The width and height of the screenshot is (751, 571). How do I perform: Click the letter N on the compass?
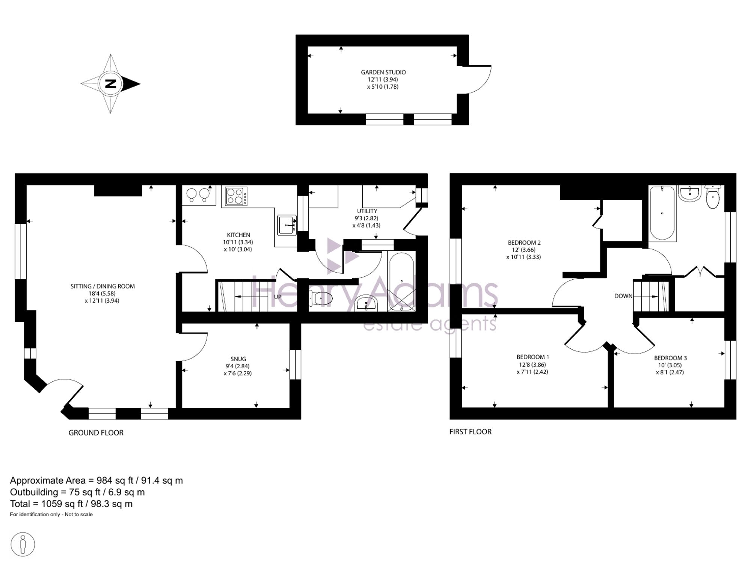click(x=111, y=83)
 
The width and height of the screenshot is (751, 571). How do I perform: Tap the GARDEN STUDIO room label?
click(x=383, y=72)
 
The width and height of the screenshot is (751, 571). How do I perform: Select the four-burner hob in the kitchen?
click(x=236, y=196)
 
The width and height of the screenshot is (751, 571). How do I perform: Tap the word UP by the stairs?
click(x=277, y=297)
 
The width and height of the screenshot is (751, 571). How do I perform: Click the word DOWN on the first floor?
click(x=623, y=296)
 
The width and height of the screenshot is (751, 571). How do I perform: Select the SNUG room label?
click(x=238, y=359)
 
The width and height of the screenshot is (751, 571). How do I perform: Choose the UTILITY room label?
click(x=367, y=211)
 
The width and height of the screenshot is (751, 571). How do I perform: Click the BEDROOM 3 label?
click(x=670, y=358)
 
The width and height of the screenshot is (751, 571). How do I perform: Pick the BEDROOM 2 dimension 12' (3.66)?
click(x=524, y=250)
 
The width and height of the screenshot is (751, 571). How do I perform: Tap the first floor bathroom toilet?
click(x=713, y=197)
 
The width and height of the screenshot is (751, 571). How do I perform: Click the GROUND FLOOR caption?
click(x=96, y=433)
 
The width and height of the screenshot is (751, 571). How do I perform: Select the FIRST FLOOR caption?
click(x=471, y=432)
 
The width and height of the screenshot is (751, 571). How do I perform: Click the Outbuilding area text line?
click(x=77, y=492)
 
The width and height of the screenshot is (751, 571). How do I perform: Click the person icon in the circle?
click(x=23, y=544)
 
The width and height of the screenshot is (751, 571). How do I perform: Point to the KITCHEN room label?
click(x=238, y=235)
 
